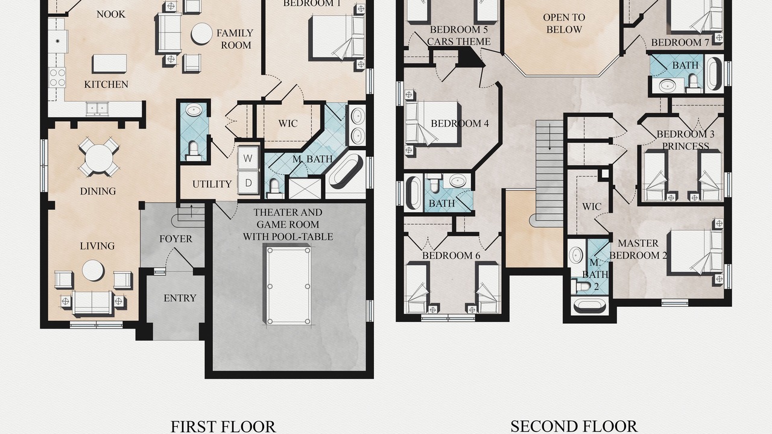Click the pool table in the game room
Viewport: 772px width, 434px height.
[288, 285]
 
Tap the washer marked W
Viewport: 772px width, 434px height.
[248, 158]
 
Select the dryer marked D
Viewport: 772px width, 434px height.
[248, 183]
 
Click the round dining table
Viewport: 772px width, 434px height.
[99, 157]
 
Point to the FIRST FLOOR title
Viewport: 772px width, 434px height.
[223, 426]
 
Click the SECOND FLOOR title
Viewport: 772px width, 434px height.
[574, 426]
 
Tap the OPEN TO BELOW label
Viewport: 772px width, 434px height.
[564, 24]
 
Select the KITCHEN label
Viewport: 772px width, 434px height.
[106, 84]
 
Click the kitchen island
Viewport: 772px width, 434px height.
[109, 63]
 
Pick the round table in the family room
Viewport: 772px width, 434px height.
[201, 33]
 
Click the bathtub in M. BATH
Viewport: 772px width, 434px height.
[346, 171]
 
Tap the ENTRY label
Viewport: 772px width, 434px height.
[180, 298]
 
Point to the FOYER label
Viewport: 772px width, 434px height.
[176, 239]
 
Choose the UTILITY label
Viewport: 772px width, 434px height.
[212, 184]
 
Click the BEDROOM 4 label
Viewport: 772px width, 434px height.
[460, 124]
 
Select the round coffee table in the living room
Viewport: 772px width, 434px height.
[93, 271]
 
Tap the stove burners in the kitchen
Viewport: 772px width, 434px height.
[57, 78]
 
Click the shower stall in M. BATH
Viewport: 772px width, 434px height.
[305, 189]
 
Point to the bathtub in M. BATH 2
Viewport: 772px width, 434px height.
[589, 306]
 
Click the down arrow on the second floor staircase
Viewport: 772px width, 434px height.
[549, 139]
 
